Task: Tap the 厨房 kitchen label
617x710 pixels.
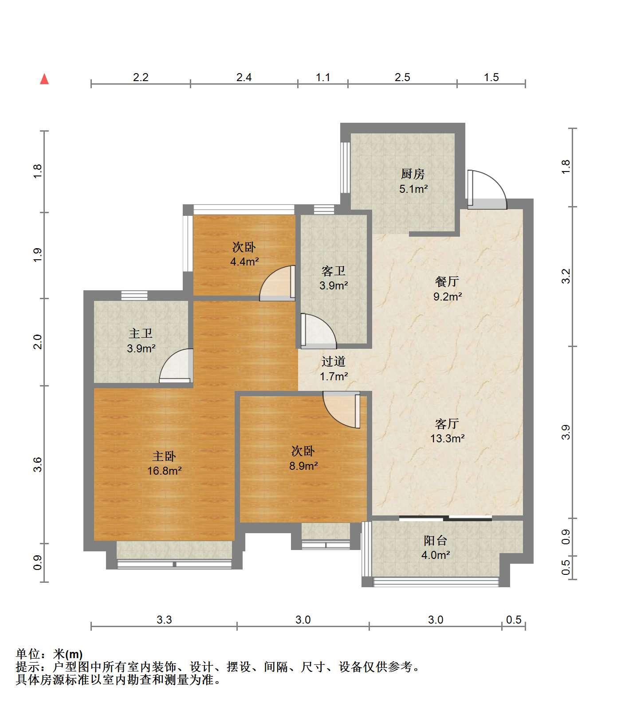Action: (413, 174)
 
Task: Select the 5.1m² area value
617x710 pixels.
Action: (413, 189)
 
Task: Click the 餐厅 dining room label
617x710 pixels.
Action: (447, 281)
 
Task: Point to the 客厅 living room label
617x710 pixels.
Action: (447, 424)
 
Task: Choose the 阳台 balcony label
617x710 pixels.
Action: (436, 540)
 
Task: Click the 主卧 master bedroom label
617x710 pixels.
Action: (164, 456)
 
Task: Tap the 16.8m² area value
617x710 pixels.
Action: (165, 471)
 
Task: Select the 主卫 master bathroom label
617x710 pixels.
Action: (141, 333)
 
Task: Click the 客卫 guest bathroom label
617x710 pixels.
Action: (334, 270)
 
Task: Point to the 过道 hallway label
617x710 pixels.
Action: (334, 362)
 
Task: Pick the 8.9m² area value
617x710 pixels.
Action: (303, 466)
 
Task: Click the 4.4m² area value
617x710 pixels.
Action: (244, 261)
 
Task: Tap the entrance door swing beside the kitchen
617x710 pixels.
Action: (487, 190)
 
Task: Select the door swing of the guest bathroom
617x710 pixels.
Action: (318, 330)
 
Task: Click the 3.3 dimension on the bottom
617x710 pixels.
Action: (164, 620)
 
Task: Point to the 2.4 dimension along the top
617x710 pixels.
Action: (244, 78)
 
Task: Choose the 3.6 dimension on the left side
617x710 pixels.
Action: (37, 464)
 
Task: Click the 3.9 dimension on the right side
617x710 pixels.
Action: (565, 432)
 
